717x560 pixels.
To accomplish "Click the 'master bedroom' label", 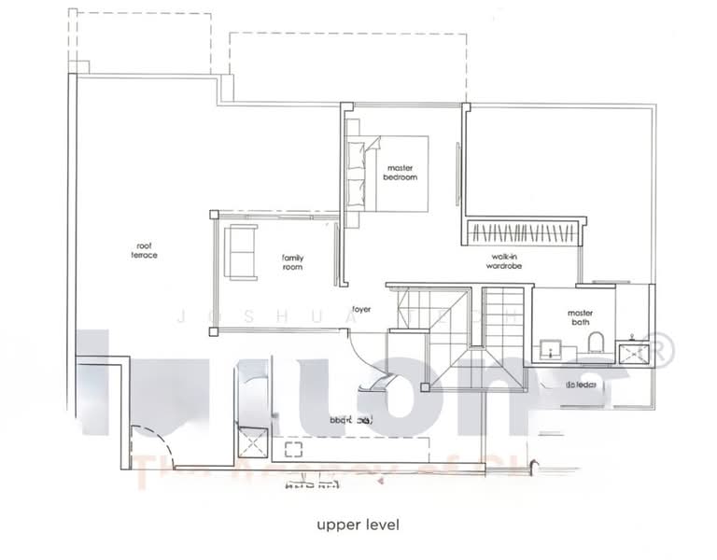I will [401, 173].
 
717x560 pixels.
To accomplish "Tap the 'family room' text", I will [293, 262].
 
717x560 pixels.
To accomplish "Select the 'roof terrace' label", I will [144, 250].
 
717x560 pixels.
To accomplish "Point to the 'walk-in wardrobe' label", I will [503, 261].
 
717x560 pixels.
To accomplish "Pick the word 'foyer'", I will [361, 309].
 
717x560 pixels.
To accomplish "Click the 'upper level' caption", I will [358, 525].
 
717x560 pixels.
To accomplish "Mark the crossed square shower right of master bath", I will [639, 350].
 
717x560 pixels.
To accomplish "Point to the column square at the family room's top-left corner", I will [214, 215].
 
